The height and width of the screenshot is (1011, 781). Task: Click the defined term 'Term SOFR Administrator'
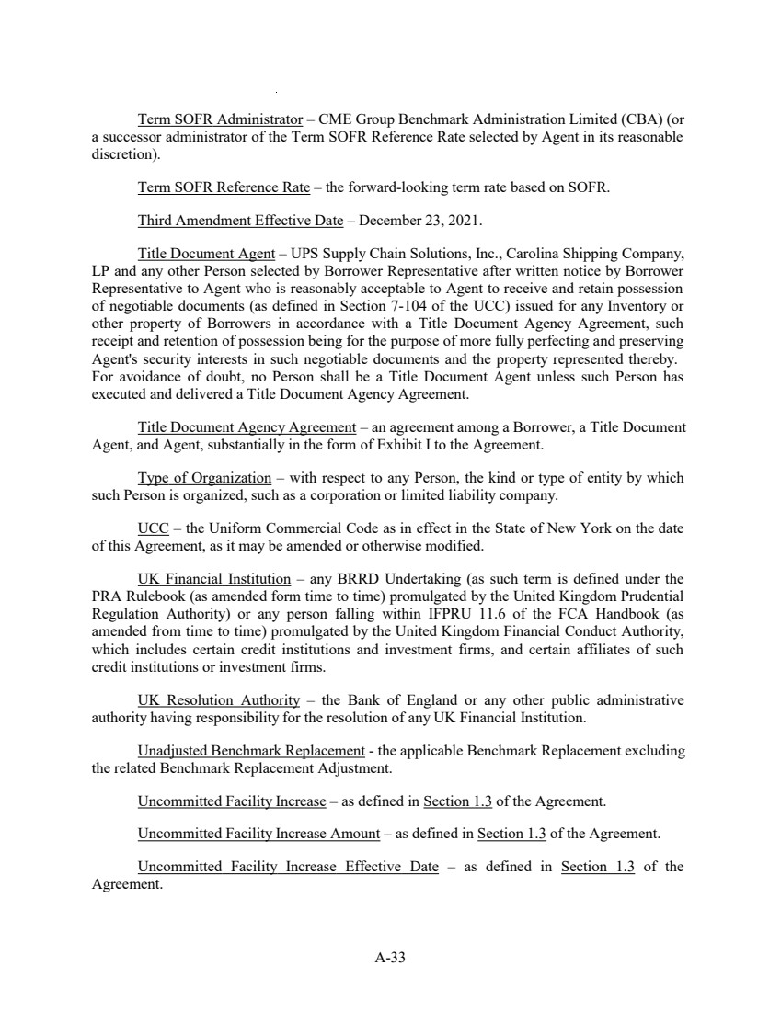click(220, 119)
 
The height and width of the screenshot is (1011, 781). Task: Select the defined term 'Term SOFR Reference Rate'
click(224, 188)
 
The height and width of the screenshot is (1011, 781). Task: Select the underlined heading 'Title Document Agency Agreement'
click(247, 427)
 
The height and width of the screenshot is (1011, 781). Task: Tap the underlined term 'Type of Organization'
click(204, 478)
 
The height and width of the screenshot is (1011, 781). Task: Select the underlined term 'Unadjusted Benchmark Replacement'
click(251, 751)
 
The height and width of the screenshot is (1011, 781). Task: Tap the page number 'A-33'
click(390, 958)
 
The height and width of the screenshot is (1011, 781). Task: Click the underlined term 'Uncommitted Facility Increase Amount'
click(258, 834)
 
